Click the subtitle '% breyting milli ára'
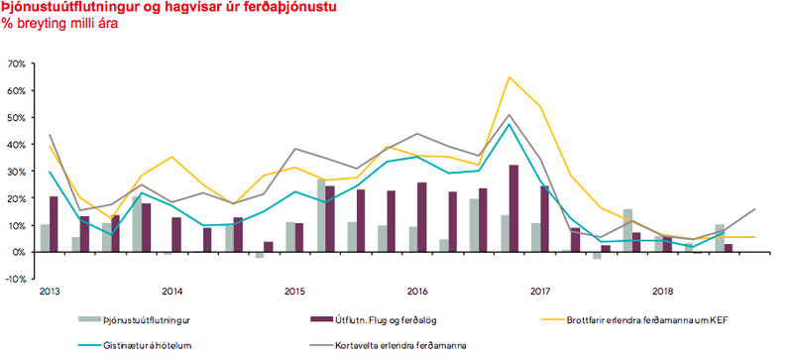(x=59, y=24)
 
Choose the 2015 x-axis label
(x=294, y=293)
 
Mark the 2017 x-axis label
(x=540, y=293)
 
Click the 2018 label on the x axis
(x=663, y=293)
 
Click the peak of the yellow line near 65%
(x=510, y=76)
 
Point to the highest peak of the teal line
(x=510, y=124)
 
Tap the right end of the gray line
(x=755, y=209)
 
